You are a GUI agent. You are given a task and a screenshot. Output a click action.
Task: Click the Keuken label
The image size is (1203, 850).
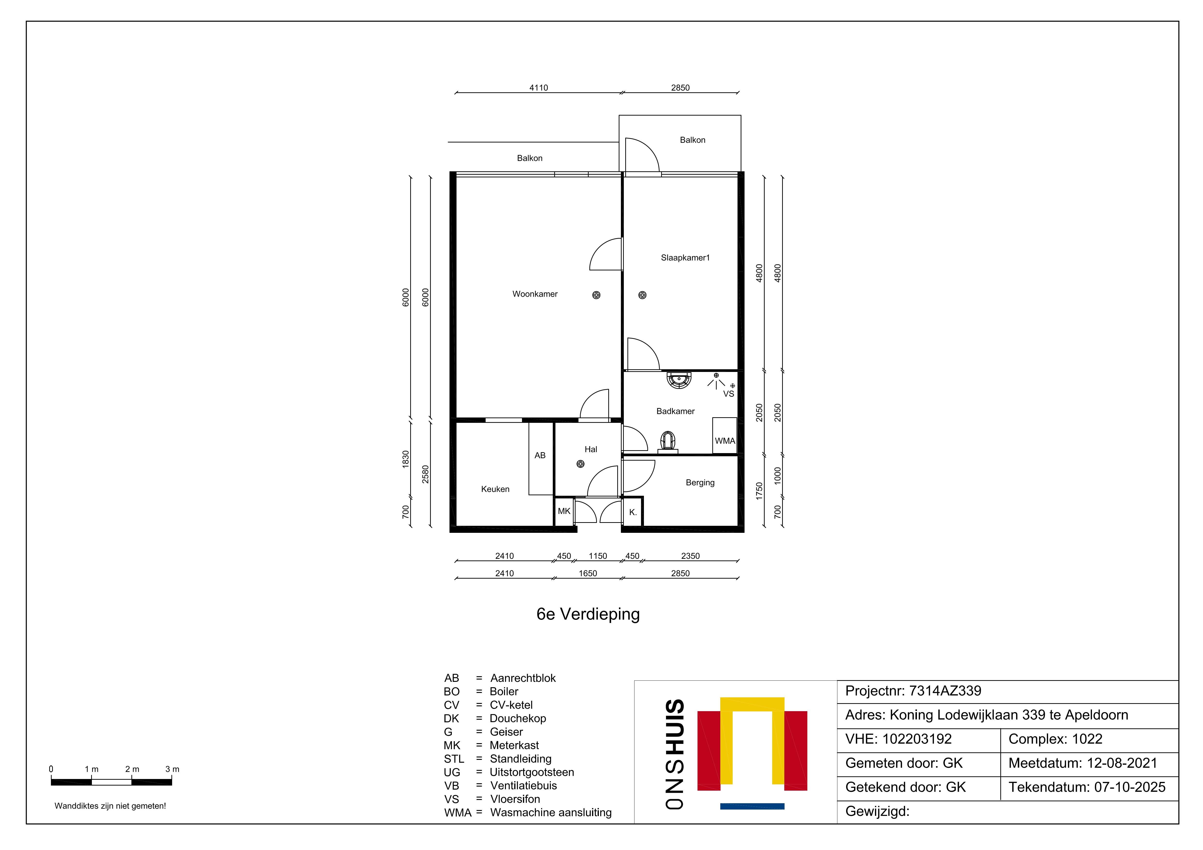(x=495, y=489)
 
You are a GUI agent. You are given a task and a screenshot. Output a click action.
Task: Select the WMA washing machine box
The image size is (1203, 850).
(x=725, y=435)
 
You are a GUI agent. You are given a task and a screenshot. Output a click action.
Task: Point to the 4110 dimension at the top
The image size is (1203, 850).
(x=539, y=88)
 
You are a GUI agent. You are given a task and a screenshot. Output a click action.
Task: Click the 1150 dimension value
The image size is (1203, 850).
(x=598, y=556)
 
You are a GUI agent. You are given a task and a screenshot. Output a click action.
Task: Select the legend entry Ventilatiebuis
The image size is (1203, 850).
(x=523, y=786)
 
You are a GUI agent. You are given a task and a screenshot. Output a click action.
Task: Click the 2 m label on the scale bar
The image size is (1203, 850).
(x=132, y=769)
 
